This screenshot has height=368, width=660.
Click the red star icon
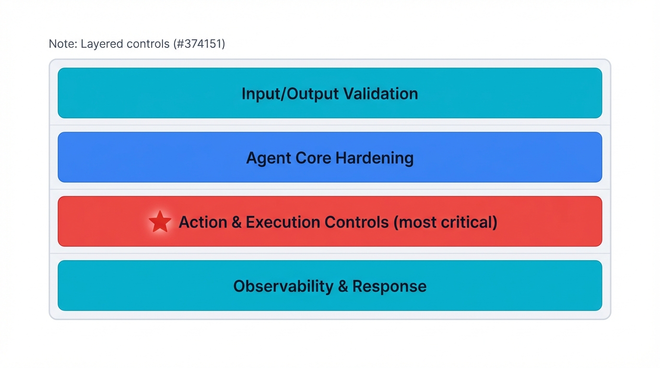pyautogui.click(x=160, y=222)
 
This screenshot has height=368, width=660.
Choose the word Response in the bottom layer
pyautogui.click(x=389, y=286)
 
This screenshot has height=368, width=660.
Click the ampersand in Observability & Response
pyautogui.click(x=342, y=286)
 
